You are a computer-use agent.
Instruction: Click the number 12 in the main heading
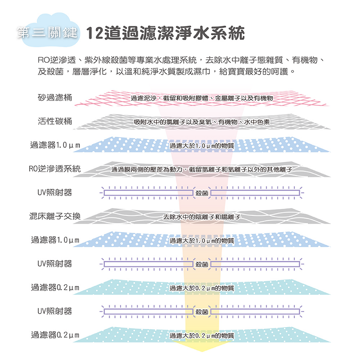point(95,33)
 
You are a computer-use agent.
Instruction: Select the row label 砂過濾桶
point(55,98)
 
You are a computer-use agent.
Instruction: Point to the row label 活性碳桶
point(55,121)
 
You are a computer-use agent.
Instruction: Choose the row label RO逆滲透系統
point(55,169)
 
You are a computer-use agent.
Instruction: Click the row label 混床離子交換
point(55,216)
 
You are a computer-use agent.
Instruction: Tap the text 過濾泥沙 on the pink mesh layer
point(143,98)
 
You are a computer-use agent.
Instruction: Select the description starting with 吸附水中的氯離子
point(202,122)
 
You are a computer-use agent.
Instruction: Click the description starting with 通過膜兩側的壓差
point(202,170)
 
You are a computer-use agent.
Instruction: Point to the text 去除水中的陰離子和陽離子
point(202,217)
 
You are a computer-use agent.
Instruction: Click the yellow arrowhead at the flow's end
point(202,346)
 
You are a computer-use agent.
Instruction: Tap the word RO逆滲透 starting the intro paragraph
point(57,60)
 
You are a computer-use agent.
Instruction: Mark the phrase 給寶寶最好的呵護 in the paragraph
point(254,72)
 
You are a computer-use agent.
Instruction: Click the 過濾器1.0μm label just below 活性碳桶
point(55,145)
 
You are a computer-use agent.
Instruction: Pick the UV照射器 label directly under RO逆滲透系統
point(55,193)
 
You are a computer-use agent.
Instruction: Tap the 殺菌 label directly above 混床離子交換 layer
point(202,193)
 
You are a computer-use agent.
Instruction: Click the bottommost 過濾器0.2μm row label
point(55,335)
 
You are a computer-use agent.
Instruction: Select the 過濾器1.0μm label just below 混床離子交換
point(55,240)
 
